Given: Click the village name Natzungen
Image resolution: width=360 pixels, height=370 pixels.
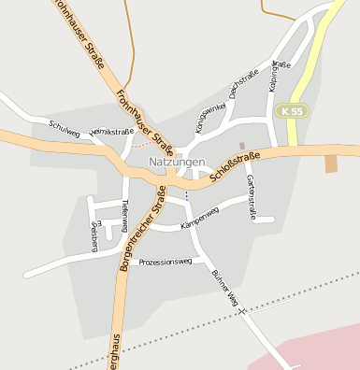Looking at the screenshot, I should tap(177, 162).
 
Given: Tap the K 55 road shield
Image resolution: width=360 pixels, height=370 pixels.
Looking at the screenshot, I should tap(291, 111).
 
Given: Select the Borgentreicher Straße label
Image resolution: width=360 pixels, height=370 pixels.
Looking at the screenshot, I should tap(141, 229).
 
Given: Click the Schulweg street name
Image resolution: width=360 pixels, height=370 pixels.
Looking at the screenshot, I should tap(65, 125).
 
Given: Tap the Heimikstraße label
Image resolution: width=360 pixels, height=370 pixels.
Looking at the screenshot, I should tap(111, 132).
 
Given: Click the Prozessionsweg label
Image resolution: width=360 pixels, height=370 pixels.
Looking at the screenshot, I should tap(165, 262).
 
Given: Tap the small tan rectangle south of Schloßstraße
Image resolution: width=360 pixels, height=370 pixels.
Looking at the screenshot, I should tap(331, 164).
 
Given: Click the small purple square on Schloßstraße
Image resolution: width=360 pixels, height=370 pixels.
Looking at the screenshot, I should tap(243, 145).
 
